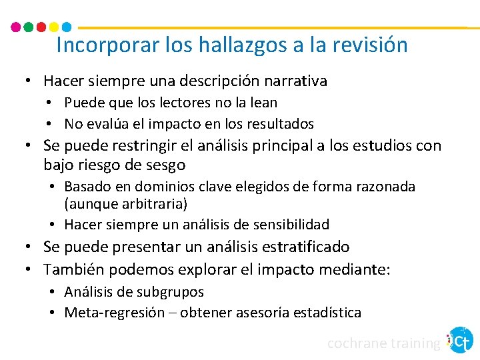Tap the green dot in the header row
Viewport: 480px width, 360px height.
point(28,27)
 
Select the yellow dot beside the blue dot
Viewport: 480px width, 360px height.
point(54,27)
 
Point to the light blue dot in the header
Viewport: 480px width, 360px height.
point(66,27)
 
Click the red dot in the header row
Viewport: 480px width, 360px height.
point(41,27)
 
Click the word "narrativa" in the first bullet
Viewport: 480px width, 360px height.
point(295,81)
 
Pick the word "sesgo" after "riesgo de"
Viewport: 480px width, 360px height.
point(168,164)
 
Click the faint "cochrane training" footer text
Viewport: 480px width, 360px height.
point(383,343)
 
